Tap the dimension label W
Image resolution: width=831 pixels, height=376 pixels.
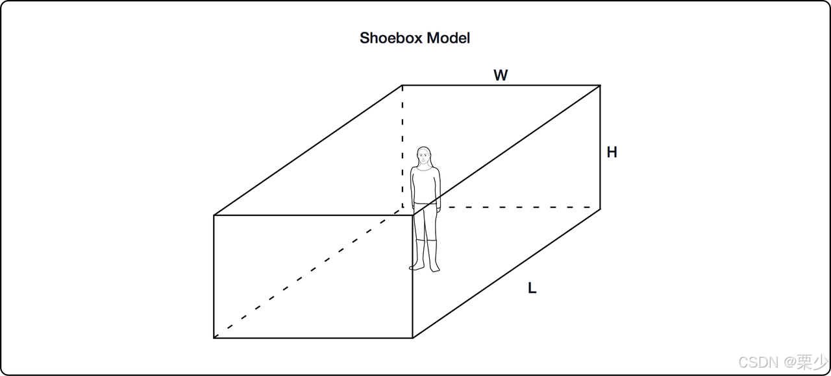click(501, 75)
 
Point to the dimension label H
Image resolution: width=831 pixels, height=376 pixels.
click(612, 152)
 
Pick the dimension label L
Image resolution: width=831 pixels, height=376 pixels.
click(532, 288)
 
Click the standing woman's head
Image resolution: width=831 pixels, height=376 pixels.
click(424, 156)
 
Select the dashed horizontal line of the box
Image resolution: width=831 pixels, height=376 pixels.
click(519, 208)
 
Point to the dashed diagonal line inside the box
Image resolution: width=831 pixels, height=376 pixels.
click(305, 275)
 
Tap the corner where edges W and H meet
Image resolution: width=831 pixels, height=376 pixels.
click(600, 85)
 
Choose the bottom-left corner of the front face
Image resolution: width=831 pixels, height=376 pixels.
click(214, 338)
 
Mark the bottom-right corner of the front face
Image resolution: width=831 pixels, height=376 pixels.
click(413, 338)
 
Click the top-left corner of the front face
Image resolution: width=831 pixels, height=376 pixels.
click(214, 215)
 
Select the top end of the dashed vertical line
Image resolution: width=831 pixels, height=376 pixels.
click(402, 85)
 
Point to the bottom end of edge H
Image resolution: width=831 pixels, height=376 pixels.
click(600, 208)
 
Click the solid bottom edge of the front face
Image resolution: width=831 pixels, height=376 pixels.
click(312, 338)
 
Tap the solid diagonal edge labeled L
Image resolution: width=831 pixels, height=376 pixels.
click(506, 273)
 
